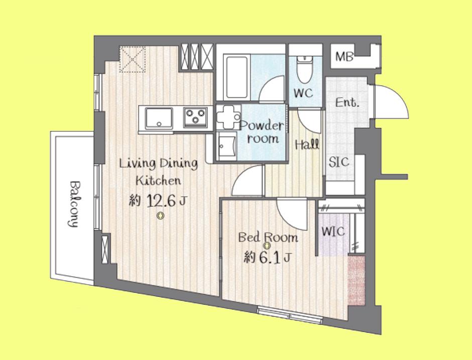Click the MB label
click(x=344, y=57)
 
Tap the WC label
click(x=303, y=93)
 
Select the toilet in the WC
click(x=305, y=69)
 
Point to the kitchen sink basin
click(x=159, y=118)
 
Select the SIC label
click(x=339, y=162)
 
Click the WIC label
click(x=333, y=231)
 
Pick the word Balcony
click(x=73, y=204)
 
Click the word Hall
click(x=307, y=145)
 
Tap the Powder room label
click(x=262, y=132)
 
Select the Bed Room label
click(x=268, y=238)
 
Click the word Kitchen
click(x=158, y=181)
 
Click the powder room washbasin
click(x=227, y=147)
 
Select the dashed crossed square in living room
click(x=133, y=59)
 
